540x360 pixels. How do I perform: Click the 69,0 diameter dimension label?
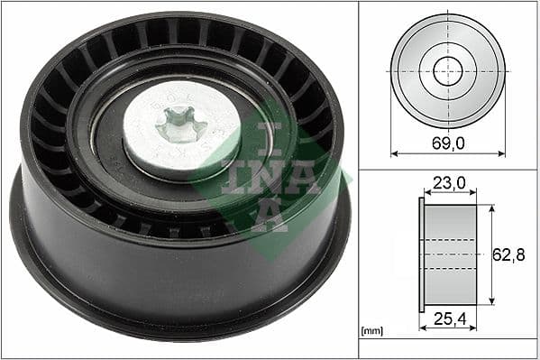pos(448,143)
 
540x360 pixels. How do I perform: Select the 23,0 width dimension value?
pos(448,183)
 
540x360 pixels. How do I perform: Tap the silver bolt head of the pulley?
pos(167,135)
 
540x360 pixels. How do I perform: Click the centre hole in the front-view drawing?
pos(448,70)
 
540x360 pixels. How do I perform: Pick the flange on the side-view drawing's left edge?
pos(421,254)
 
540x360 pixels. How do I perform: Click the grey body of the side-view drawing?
pos(450,254)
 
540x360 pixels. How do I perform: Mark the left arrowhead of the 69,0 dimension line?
pos(394,154)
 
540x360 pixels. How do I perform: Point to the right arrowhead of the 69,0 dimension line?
pos(502,154)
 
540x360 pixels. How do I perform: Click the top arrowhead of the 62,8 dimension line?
pos(492,208)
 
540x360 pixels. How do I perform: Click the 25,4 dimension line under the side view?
pos(448,328)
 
